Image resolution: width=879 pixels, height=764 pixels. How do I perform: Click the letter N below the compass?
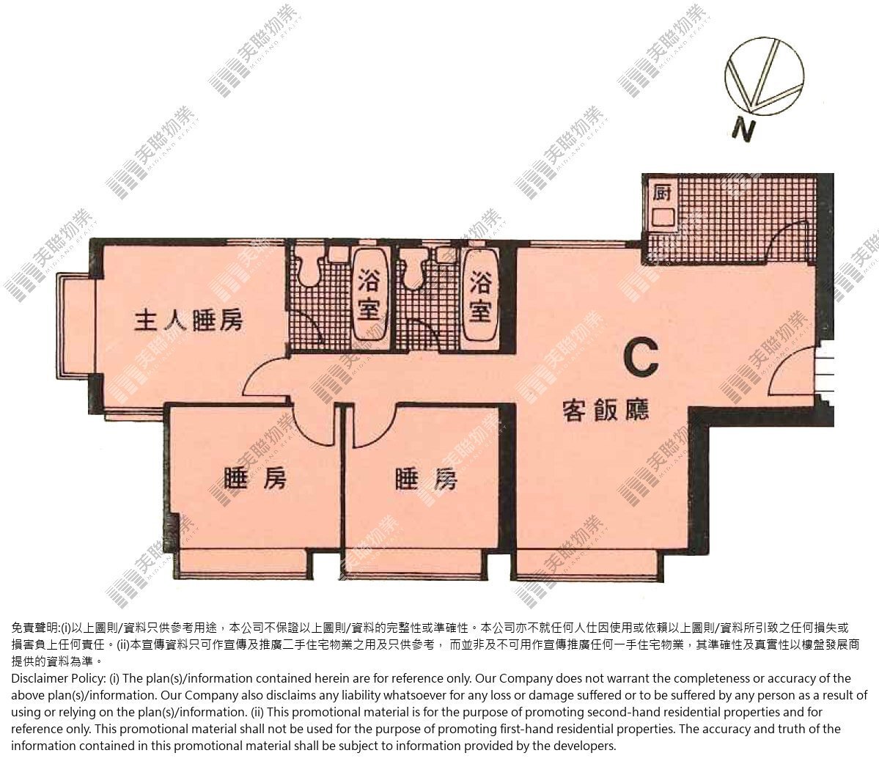[744, 131]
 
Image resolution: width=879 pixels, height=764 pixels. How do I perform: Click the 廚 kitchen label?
[662, 192]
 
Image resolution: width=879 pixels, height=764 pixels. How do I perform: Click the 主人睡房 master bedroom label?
[189, 320]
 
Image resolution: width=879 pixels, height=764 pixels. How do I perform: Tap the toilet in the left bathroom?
[308, 273]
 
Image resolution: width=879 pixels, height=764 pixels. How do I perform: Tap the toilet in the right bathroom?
[416, 273]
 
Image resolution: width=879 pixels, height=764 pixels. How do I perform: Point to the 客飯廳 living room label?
[606, 411]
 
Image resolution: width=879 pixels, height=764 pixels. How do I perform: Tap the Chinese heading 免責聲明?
[34, 628]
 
